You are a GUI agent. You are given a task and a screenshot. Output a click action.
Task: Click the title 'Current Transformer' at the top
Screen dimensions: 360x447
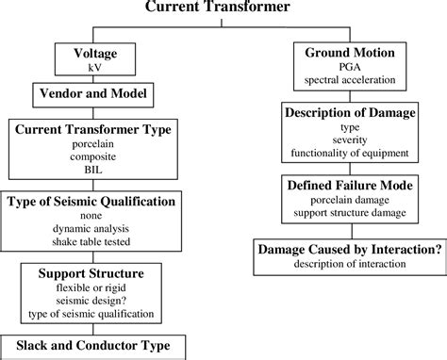pos(223,8)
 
